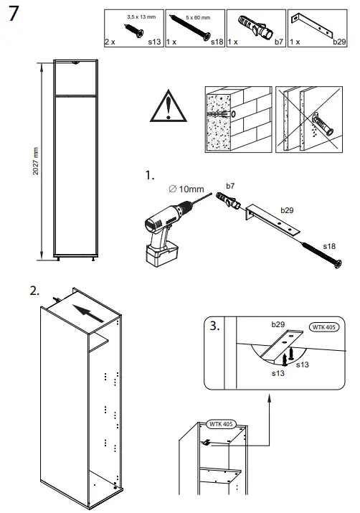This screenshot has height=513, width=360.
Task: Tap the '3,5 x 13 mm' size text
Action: (x=141, y=15)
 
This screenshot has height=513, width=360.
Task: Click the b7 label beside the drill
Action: (x=230, y=186)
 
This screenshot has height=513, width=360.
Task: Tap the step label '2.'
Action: (x=34, y=291)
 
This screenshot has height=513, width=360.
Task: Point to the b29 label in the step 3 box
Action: (x=278, y=325)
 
